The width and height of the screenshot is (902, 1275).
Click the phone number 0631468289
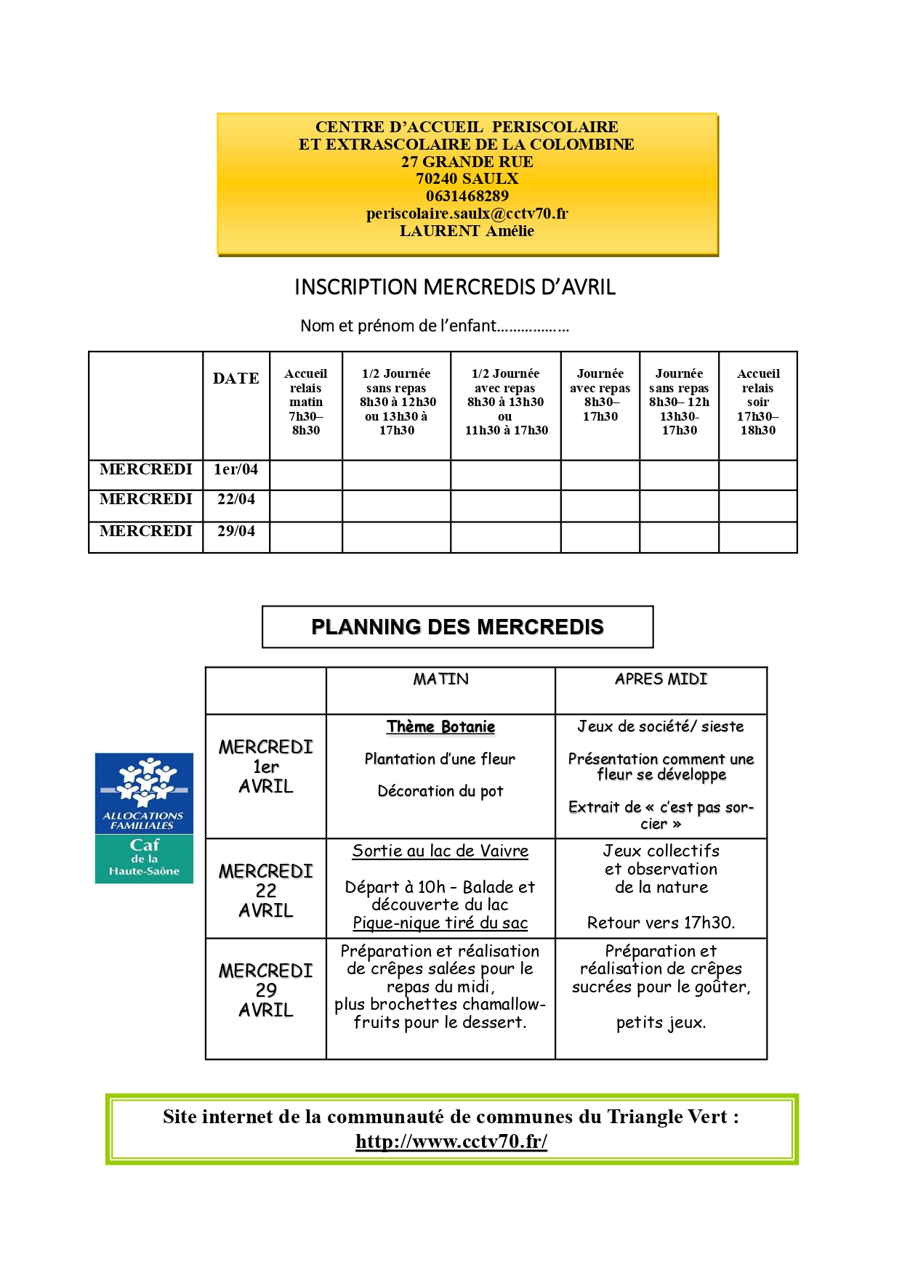click(467, 196)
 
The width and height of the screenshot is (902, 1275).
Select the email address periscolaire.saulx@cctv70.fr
click(467, 214)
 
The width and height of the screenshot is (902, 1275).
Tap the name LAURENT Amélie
click(467, 231)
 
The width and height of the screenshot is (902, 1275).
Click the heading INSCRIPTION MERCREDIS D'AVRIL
click(455, 288)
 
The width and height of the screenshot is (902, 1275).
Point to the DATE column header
click(235, 379)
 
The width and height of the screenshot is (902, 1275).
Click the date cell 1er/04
click(235, 470)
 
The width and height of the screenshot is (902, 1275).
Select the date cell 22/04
click(235, 500)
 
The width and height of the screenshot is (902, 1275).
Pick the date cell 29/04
click(235, 532)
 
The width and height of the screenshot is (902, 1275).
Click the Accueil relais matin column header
click(305, 402)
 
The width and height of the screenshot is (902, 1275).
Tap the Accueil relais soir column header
click(757, 402)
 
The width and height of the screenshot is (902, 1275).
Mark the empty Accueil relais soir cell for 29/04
click(757, 538)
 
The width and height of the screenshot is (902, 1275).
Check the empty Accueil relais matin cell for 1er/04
click(305, 475)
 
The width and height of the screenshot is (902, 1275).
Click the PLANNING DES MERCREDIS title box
click(457, 627)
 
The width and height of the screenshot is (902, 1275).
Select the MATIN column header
click(440, 679)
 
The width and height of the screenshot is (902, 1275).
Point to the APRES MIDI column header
click(661, 679)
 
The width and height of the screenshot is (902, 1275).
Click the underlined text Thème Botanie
click(440, 727)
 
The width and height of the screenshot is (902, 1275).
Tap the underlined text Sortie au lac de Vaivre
click(440, 851)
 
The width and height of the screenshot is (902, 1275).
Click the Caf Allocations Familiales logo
click(144, 818)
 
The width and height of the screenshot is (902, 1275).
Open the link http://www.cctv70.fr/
click(451, 1141)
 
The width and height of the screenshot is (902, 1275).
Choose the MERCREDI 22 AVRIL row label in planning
click(265, 890)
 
